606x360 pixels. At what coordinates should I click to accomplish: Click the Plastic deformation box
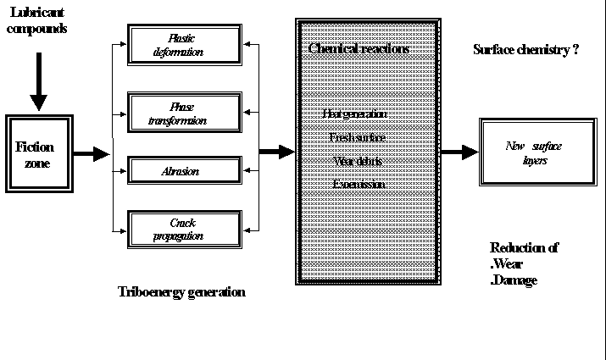[x=181, y=44]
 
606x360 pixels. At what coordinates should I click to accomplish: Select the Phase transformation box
[x=181, y=114]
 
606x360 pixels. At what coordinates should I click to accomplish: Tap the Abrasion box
[x=181, y=170]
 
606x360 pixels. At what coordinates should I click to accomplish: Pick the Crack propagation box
[x=181, y=229]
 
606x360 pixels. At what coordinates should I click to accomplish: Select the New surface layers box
[x=533, y=153]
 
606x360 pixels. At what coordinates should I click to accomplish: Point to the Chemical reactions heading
[x=359, y=49]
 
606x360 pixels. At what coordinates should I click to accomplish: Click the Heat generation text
[x=355, y=114]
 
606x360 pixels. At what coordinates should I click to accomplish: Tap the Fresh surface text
[x=358, y=136]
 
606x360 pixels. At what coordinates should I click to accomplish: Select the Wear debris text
[x=358, y=160]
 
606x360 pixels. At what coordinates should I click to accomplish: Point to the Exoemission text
[x=359, y=184]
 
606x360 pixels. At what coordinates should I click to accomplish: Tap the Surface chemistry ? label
[x=525, y=50]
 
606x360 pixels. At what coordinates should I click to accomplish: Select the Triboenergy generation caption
[x=181, y=292]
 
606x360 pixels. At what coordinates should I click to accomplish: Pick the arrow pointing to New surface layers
[x=459, y=152]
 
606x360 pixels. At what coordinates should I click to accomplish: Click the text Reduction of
[x=524, y=247]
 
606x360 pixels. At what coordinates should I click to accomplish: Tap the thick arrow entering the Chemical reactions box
[x=276, y=152]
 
